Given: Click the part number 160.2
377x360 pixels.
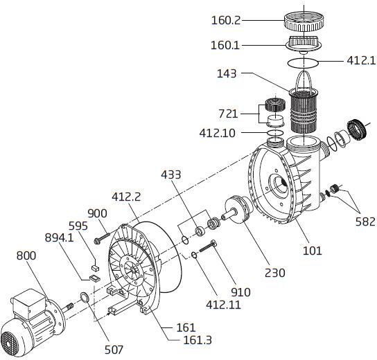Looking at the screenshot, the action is pyautogui.click(x=226, y=20).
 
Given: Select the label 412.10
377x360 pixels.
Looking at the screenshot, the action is pyautogui.click(x=217, y=133).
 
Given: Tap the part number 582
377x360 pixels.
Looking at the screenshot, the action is pyautogui.click(x=365, y=222).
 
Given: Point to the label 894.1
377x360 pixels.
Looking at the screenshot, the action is pyautogui.click(x=59, y=237).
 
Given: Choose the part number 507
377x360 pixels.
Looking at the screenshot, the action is pyautogui.click(x=114, y=350).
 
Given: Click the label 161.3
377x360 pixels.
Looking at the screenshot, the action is pyautogui.click(x=198, y=340).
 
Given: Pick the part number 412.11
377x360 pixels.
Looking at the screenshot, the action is pyautogui.click(x=223, y=305).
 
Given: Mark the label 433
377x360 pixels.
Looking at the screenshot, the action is pyautogui.click(x=170, y=174).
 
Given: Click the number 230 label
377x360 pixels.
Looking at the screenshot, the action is pyautogui.click(x=275, y=273).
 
